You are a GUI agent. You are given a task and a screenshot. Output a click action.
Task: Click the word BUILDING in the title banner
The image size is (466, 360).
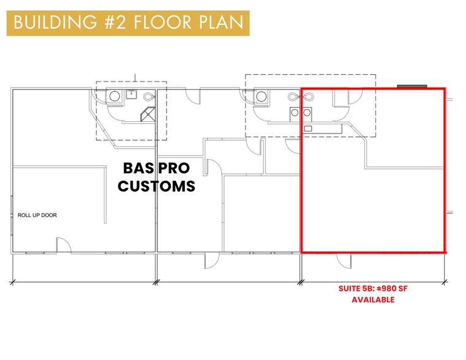(x=55, y=23)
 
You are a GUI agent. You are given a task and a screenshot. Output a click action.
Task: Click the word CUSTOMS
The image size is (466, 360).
(x=156, y=186)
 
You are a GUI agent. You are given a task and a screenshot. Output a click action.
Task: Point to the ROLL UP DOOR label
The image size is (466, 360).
(x=37, y=215)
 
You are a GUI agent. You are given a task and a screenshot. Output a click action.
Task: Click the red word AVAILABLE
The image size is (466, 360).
(x=373, y=300)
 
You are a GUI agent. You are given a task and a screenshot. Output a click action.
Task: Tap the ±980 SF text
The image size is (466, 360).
(x=391, y=288)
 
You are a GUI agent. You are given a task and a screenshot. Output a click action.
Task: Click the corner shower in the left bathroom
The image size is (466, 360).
(x=148, y=114)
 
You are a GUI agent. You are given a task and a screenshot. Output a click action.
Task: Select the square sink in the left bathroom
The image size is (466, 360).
(x=131, y=95)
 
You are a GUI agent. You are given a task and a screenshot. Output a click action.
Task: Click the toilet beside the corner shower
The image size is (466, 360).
(x=149, y=96)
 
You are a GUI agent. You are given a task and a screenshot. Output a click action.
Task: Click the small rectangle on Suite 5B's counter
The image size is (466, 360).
(x=308, y=129)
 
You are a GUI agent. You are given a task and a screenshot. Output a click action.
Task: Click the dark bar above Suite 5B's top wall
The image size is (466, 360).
(x=412, y=86)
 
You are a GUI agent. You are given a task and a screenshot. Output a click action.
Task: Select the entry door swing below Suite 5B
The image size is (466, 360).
(x=344, y=261)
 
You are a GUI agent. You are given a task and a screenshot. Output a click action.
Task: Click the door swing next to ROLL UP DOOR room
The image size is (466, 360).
(x=64, y=245)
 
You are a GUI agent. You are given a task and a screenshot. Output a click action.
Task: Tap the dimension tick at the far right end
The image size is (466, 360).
(x=445, y=282)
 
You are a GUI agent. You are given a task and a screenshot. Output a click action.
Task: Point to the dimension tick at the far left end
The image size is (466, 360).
(x=12, y=282)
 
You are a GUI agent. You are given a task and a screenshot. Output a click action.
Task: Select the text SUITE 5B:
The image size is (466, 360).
(x=355, y=288)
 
